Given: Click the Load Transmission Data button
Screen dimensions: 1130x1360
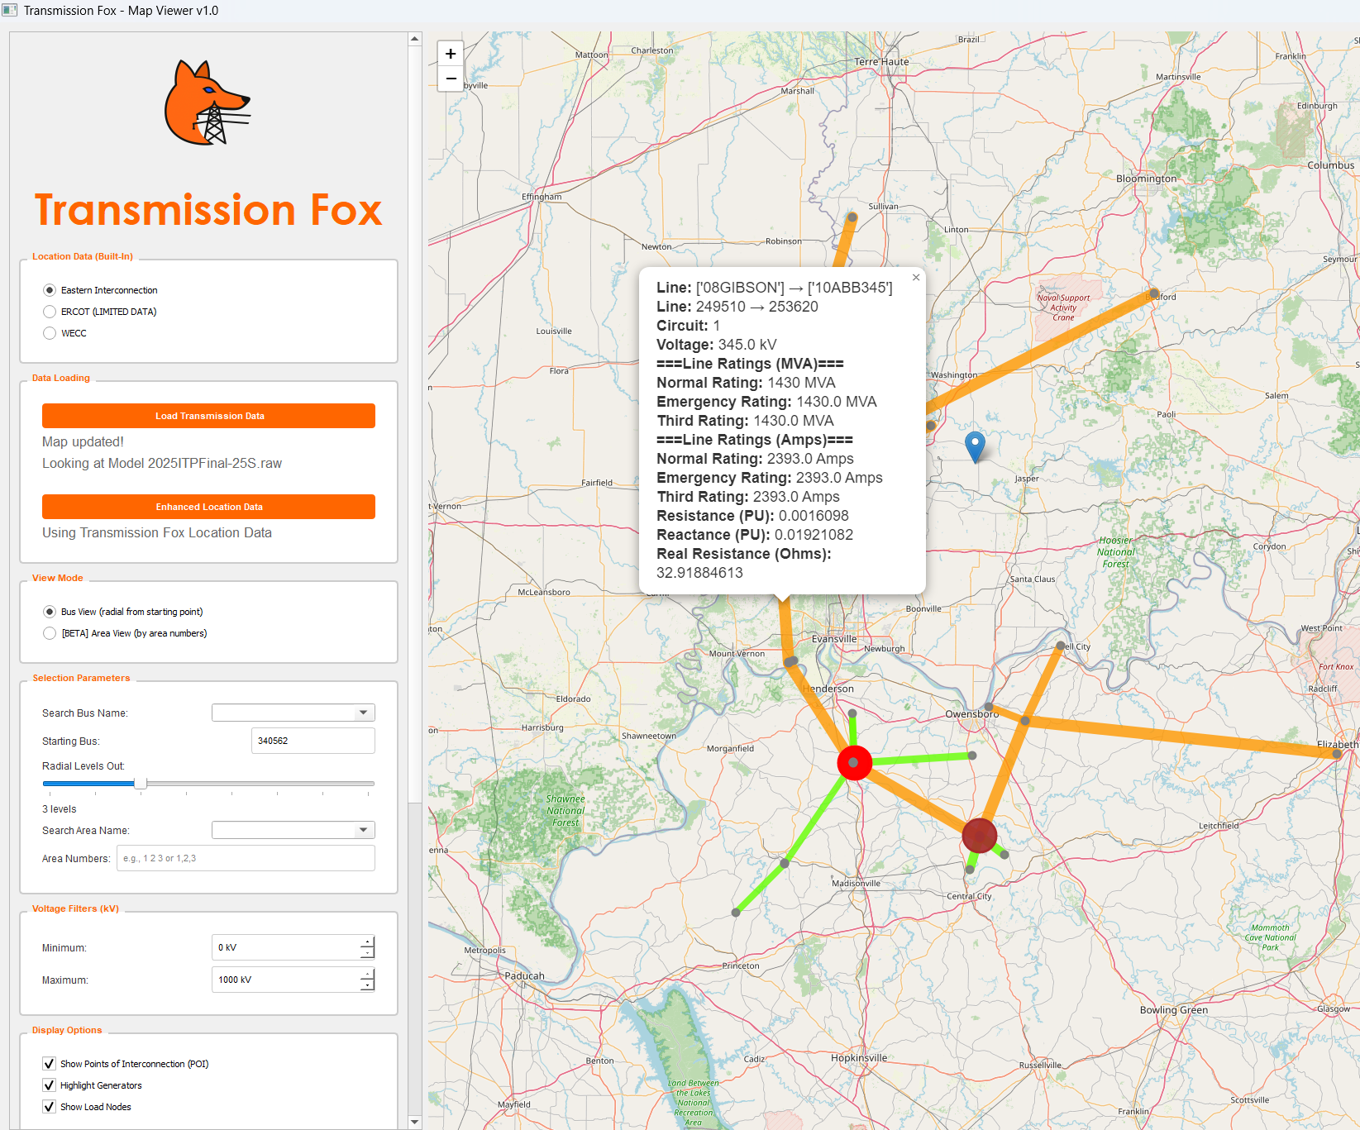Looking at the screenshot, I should click(208, 416).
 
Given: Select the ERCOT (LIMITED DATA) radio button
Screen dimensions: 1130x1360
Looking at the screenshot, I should click(50, 312).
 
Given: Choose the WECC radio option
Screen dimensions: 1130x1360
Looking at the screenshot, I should click(50, 333).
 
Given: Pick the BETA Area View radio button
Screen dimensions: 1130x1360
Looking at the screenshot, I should click(50, 633).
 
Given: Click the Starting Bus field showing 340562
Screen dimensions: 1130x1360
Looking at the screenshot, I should click(313, 741).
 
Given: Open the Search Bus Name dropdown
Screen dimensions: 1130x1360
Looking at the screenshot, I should click(363, 713).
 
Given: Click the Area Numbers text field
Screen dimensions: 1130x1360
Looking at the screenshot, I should click(246, 858).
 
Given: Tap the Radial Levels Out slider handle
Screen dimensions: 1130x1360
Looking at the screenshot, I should click(141, 783).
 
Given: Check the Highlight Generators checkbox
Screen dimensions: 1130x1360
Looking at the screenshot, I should click(50, 1085).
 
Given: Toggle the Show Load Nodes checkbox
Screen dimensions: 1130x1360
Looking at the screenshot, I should click(50, 1107).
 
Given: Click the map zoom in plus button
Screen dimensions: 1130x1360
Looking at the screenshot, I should click(451, 54).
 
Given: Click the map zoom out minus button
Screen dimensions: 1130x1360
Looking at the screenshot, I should click(451, 79).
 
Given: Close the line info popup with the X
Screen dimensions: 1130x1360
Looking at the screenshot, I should click(916, 278).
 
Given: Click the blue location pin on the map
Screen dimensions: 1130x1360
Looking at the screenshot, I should click(975, 445).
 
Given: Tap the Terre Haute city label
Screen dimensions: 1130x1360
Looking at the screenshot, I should click(881, 62).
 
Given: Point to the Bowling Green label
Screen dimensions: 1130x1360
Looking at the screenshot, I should click(1173, 1010).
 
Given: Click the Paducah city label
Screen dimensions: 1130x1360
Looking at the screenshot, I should click(524, 975).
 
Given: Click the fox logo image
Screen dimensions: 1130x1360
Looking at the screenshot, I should click(207, 103).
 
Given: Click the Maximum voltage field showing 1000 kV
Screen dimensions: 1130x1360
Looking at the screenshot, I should click(285, 980).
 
